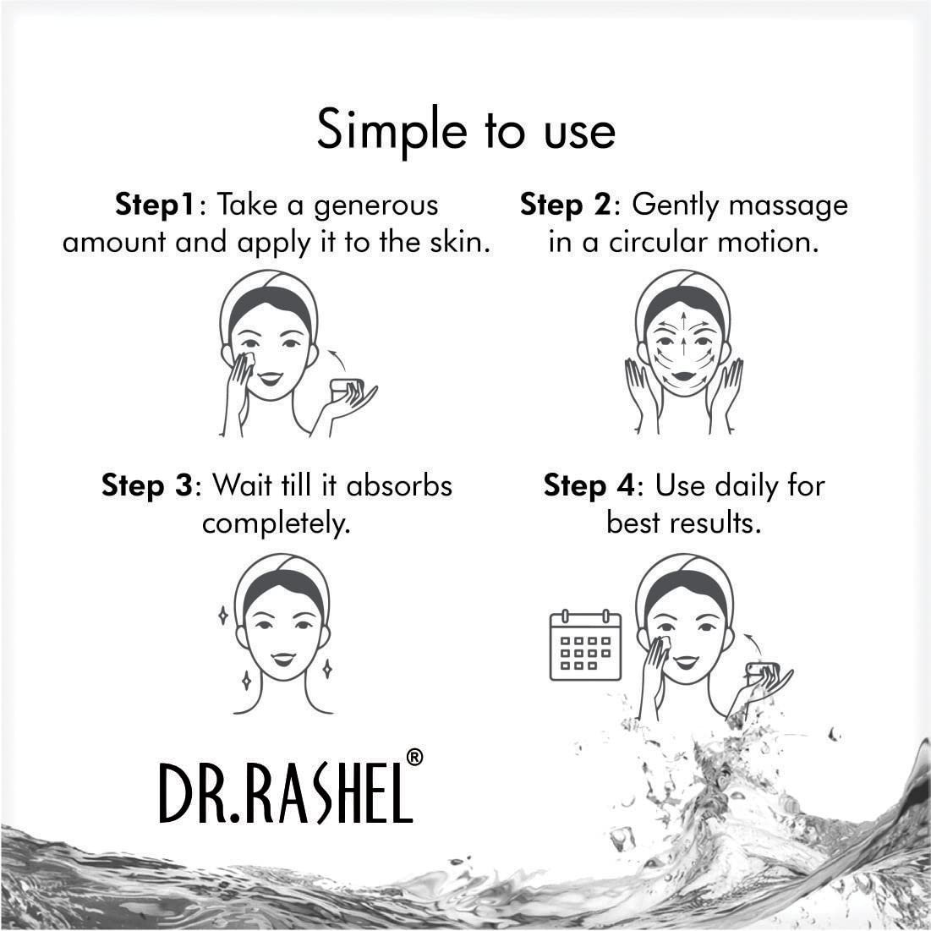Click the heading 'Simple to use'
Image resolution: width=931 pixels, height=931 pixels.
pos(466,131)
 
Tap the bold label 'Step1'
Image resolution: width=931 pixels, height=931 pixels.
pos(155,205)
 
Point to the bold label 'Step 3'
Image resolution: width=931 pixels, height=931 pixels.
pos(147,485)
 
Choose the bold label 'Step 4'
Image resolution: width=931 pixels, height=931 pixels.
pos(589,485)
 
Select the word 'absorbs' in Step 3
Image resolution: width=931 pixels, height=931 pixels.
pos(399,485)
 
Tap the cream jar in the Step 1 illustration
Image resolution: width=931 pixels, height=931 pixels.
pos(346,390)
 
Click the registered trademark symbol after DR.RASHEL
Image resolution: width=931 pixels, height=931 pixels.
pos(414,757)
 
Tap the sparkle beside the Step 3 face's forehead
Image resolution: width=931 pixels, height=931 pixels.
pos(223,615)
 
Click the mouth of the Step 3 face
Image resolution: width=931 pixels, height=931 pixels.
pos(282,659)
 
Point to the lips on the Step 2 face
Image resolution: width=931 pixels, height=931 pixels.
pos(683,376)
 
